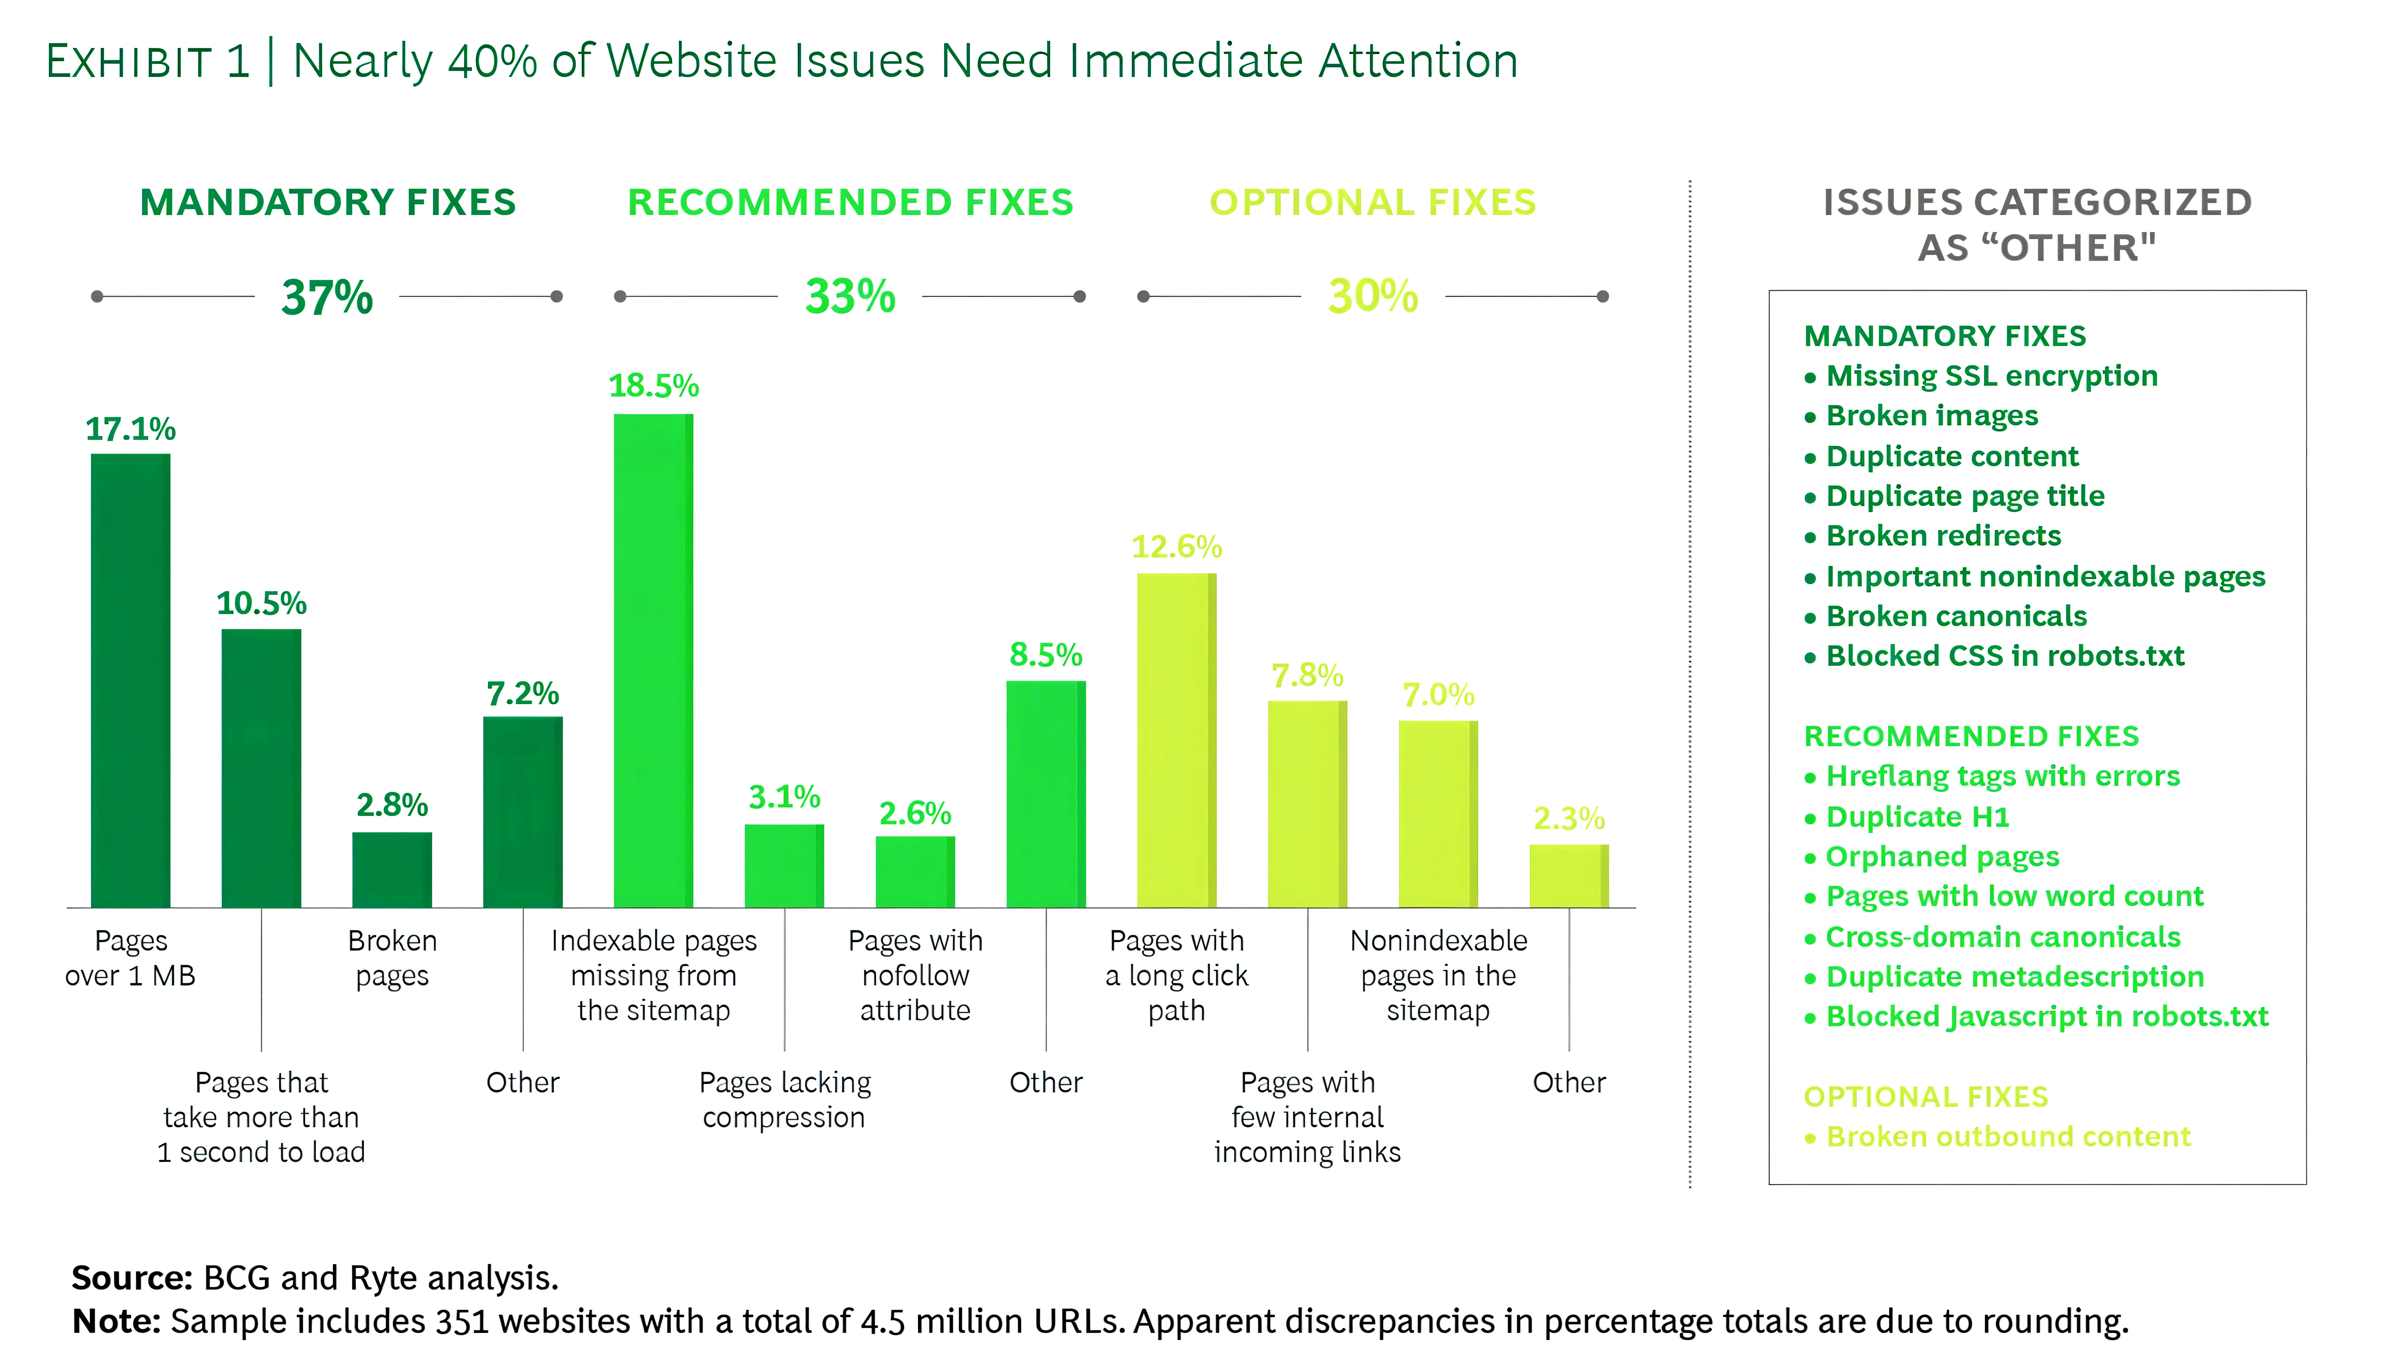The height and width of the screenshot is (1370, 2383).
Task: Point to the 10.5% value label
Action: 261,603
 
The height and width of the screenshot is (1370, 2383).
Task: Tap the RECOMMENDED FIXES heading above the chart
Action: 851,202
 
